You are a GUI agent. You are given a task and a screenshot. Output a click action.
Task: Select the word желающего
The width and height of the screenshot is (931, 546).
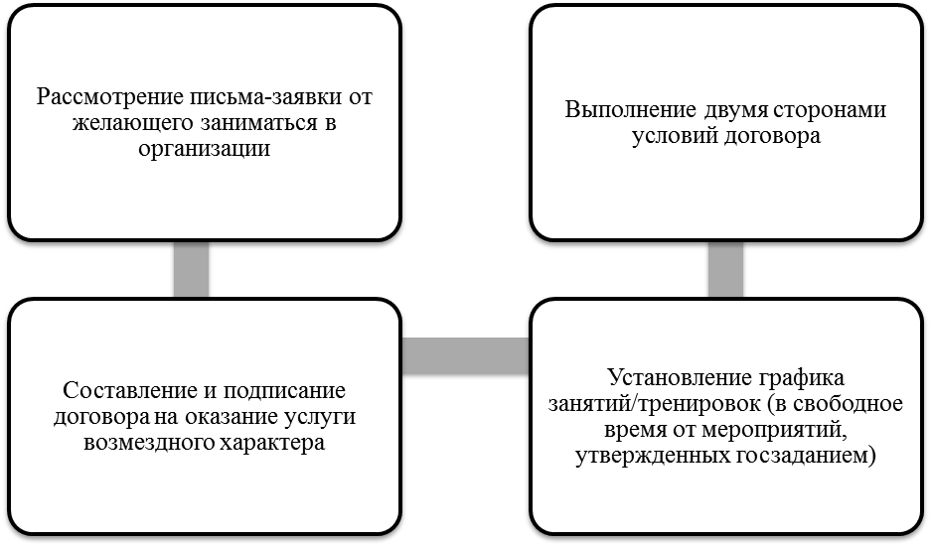tap(132, 123)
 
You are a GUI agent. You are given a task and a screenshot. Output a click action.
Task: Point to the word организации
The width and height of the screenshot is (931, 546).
tap(205, 148)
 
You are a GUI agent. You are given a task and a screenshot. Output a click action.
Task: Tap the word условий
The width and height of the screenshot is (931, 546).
tap(675, 137)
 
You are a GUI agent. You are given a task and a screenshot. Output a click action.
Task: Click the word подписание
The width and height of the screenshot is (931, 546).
tap(284, 391)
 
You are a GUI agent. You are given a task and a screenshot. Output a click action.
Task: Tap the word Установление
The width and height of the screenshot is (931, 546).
tap(680, 378)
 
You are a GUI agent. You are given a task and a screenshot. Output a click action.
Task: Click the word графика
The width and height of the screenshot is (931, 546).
tap(801, 378)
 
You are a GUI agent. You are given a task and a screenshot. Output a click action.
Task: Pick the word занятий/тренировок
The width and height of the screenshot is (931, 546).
tap(655, 404)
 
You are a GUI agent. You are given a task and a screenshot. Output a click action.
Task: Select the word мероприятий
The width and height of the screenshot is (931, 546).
tap(774, 430)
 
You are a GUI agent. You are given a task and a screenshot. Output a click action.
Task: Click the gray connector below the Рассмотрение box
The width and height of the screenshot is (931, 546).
tap(191, 270)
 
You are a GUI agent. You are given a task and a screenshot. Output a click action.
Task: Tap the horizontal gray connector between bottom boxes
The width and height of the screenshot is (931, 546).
tap(465, 356)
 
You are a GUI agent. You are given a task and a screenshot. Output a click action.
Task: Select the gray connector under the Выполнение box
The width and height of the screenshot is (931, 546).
tap(725, 270)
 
